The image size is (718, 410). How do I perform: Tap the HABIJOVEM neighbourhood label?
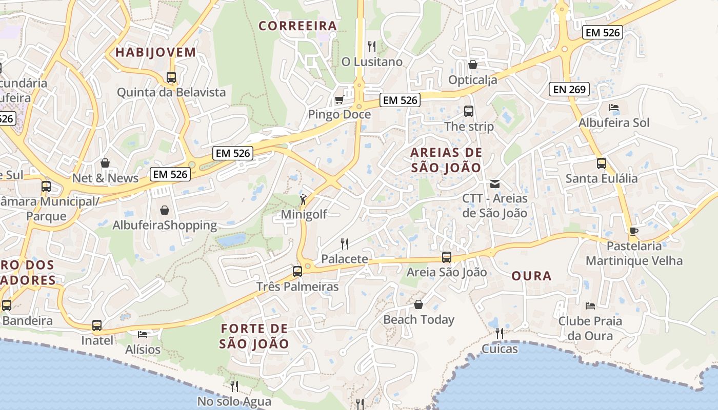pyautogui.click(x=155, y=52)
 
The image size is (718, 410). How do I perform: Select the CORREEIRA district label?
pyautogui.click(x=297, y=26)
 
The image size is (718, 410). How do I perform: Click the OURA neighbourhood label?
pyautogui.click(x=531, y=276)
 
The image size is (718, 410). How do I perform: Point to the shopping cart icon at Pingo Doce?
pyautogui.click(x=338, y=99)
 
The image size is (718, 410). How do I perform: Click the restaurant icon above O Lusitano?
pyautogui.click(x=372, y=47)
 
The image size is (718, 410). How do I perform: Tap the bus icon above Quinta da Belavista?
pyautogui.click(x=171, y=77)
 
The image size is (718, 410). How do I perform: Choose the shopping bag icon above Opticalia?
pyautogui.click(x=473, y=65)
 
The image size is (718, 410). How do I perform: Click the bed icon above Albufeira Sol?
pyautogui.click(x=613, y=108)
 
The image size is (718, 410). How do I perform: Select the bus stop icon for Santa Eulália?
pyautogui.click(x=602, y=163)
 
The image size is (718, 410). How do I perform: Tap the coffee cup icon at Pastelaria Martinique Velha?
pyautogui.click(x=634, y=231)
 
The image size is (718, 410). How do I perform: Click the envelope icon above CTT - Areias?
pyautogui.click(x=495, y=183)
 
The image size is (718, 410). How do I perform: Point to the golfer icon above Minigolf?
pyautogui.click(x=304, y=199)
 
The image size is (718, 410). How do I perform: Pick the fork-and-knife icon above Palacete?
pyautogui.click(x=345, y=244)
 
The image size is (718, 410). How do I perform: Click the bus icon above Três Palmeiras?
pyautogui.click(x=297, y=272)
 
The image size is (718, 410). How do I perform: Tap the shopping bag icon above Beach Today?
pyautogui.click(x=418, y=304)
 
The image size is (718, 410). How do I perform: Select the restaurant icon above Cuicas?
pyautogui.click(x=499, y=334)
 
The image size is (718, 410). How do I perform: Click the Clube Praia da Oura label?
pyautogui.click(x=590, y=329)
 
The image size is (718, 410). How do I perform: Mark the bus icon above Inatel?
pyautogui.click(x=97, y=325)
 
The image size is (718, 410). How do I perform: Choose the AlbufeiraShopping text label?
pyautogui.click(x=165, y=225)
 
